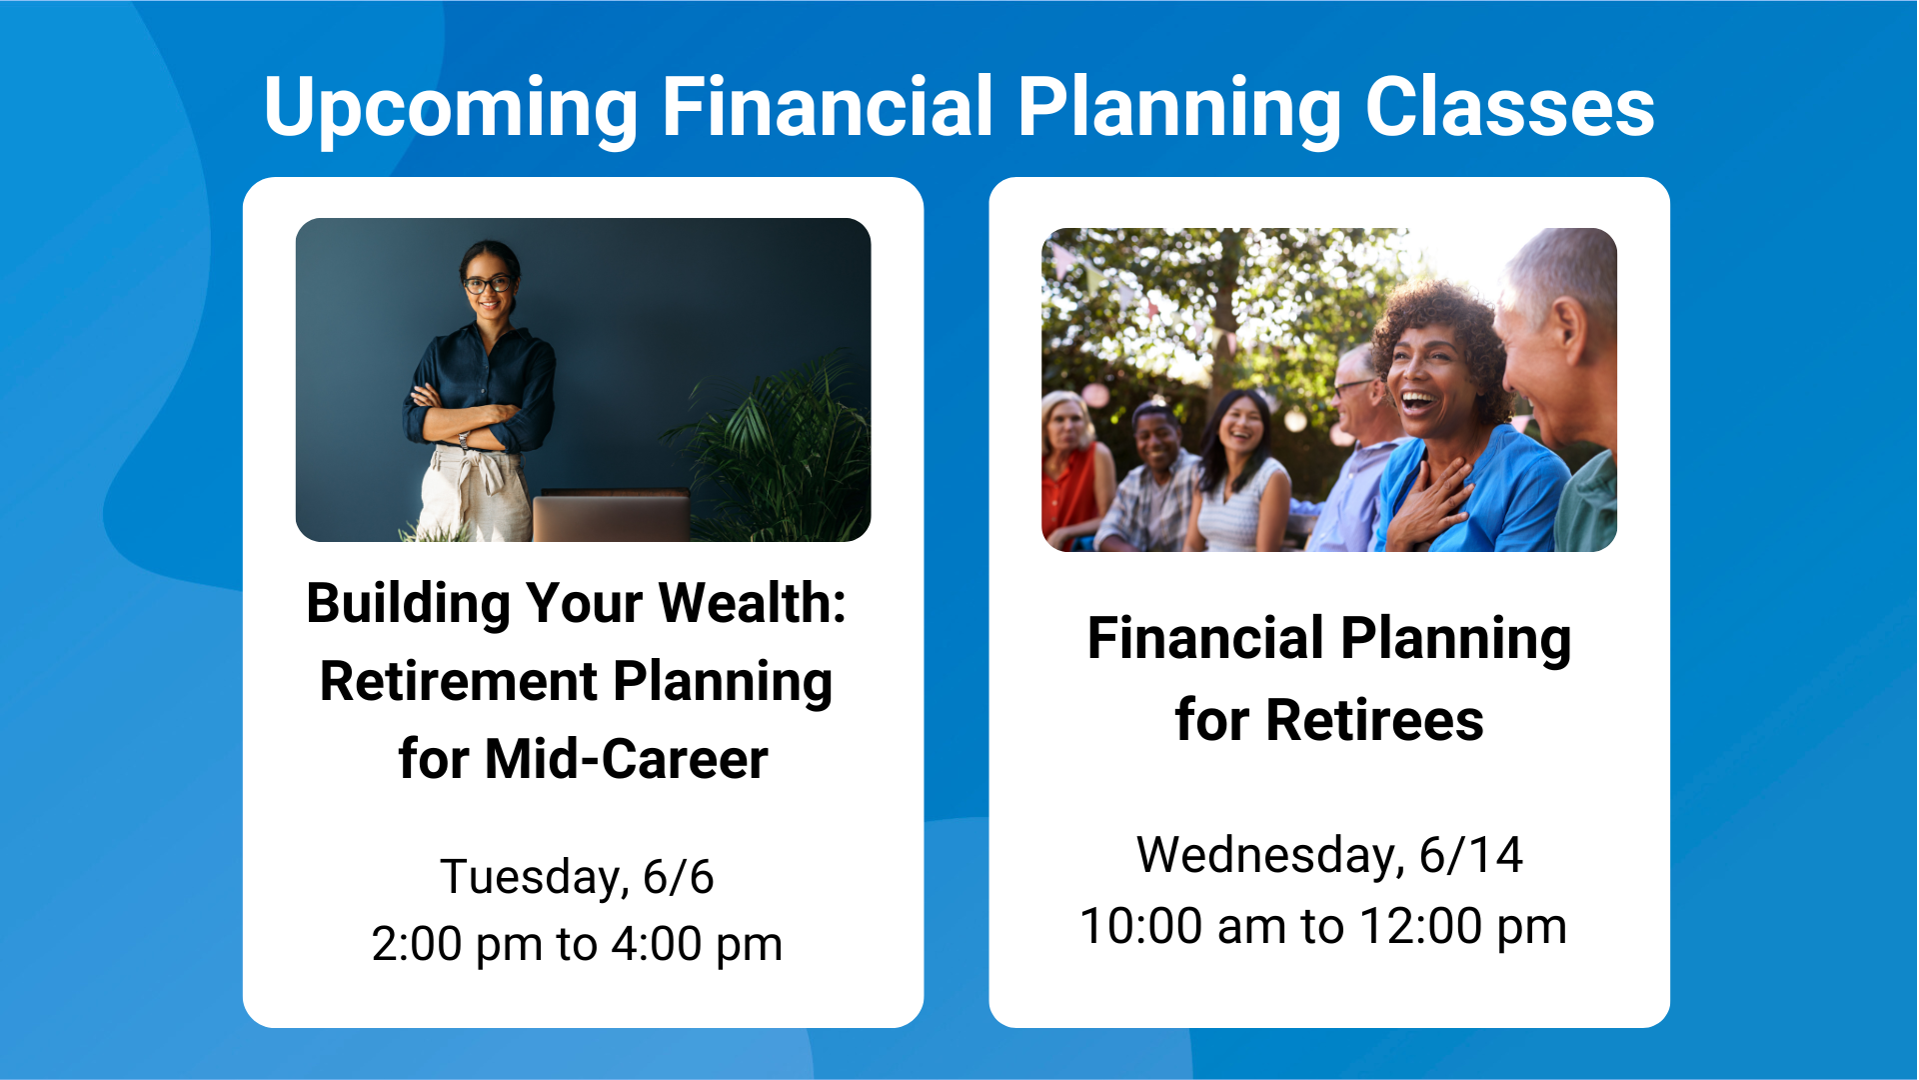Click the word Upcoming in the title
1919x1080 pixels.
[451, 108]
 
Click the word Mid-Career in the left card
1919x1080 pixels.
[627, 759]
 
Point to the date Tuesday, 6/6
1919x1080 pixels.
[577, 877]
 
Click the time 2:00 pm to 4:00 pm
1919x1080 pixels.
[577, 944]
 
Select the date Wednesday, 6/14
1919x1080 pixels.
[1329, 856]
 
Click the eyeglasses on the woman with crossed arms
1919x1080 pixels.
[488, 285]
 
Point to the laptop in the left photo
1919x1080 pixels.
[611, 515]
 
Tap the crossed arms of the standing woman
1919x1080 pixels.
[470, 420]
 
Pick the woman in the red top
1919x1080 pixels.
[1074, 470]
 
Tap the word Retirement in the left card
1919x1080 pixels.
[459, 682]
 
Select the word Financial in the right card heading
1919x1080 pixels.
[1205, 638]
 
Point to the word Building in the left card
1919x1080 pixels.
[409, 604]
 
